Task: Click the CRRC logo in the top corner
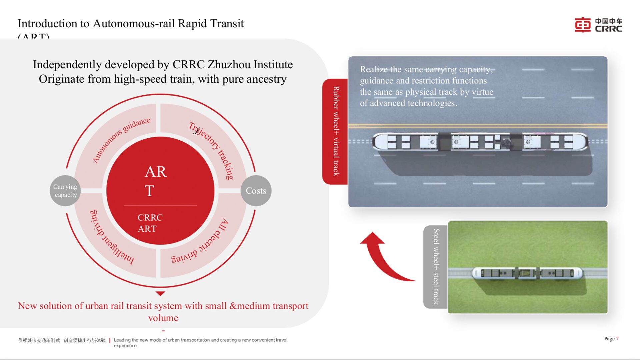(x=598, y=25)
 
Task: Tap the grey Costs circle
(x=256, y=191)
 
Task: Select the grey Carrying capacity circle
(x=65, y=191)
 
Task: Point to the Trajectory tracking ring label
(x=211, y=150)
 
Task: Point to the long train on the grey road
(x=480, y=142)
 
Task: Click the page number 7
(x=617, y=339)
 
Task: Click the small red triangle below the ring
(x=160, y=294)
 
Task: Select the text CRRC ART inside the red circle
(x=150, y=223)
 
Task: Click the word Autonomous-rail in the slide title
(x=134, y=24)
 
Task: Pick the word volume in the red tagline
(x=163, y=318)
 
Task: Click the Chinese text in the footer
(x=62, y=340)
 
